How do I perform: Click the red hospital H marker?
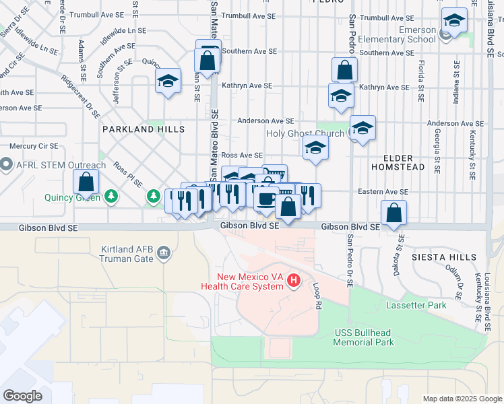click(x=293, y=281)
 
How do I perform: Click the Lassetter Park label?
click(x=416, y=305)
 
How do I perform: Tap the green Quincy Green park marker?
click(x=111, y=197)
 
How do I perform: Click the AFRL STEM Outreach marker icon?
click(x=7, y=164)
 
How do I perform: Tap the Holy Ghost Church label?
click(x=315, y=133)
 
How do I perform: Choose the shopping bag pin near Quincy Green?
click(x=86, y=182)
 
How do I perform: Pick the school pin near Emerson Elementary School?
click(x=455, y=21)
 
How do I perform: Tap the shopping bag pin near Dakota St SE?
click(x=393, y=214)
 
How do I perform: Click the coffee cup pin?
click(x=266, y=199)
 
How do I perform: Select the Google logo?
click(x=22, y=396)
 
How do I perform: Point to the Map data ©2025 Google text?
click(x=462, y=399)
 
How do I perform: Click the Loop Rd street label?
click(x=317, y=296)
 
